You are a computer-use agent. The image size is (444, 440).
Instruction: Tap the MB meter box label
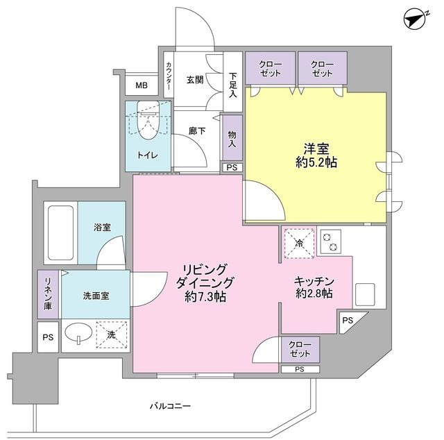coord(142,86)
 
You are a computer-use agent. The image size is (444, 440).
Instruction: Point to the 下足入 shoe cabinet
coord(232,85)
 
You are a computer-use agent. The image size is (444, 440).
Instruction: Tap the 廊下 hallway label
coord(196,130)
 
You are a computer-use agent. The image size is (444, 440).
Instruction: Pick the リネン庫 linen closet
coord(48,294)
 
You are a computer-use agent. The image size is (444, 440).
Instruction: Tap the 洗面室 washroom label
coord(95,295)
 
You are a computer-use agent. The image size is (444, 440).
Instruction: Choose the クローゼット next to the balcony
coord(300,350)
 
